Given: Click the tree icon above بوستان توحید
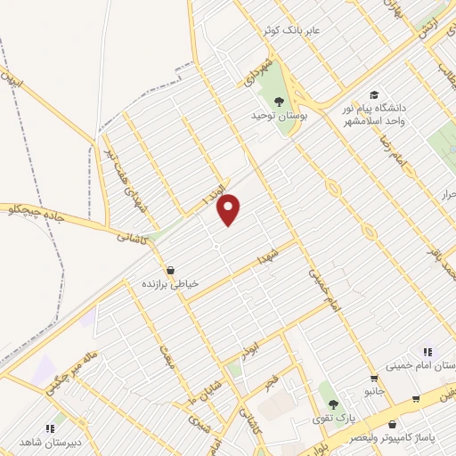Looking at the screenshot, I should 280,101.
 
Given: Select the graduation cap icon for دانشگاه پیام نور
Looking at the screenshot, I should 375,94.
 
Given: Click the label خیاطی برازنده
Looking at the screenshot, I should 170,284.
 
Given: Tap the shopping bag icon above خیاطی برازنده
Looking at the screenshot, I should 170,270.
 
